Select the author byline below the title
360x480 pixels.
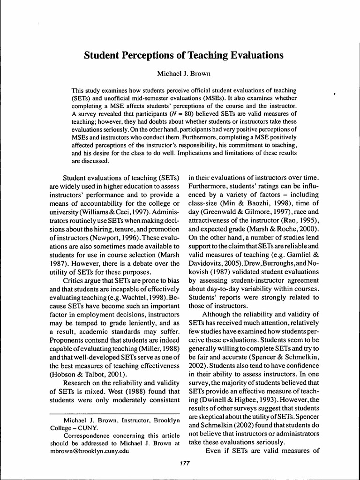[x=180, y=74]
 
